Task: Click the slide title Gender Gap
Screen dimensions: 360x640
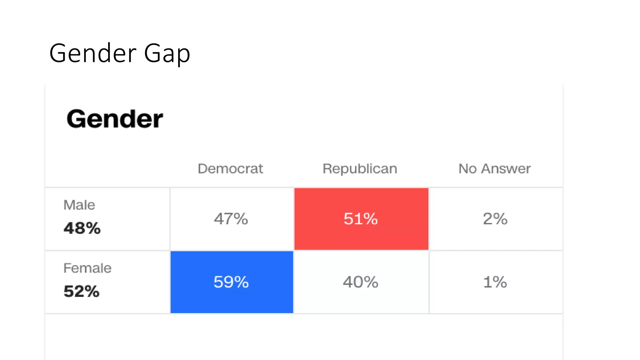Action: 120,53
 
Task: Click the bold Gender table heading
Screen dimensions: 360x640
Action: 115,119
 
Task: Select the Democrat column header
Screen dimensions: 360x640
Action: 230,169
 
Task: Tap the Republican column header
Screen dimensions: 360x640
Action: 360,169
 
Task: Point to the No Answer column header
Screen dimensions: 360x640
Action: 494,169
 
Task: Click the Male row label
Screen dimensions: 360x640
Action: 79,205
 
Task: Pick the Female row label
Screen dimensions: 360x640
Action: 87,268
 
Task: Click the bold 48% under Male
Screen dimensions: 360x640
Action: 82,228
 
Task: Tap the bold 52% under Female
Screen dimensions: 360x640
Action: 81,291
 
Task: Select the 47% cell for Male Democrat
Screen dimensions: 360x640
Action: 231,219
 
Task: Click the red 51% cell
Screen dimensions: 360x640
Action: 361,219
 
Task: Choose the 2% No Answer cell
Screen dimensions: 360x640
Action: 495,219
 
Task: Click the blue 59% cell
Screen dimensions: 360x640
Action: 231,282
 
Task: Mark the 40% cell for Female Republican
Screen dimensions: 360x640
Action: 361,282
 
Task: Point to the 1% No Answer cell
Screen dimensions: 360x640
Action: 495,282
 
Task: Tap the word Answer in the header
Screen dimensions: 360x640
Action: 506,169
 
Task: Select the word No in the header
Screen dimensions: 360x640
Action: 467,169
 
